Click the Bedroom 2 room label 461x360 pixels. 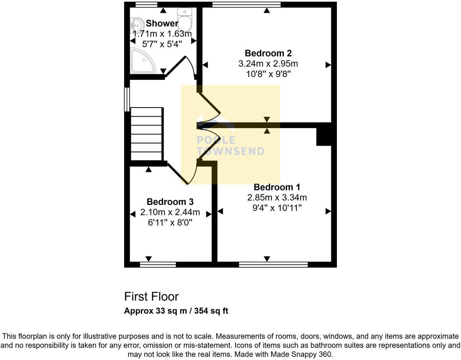click(x=268, y=53)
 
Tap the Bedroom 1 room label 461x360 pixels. click(x=276, y=187)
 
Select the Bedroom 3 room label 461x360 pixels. click(x=170, y=202)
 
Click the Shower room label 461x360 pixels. click(x=162, y=23)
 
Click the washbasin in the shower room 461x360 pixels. click(x=136, y=26)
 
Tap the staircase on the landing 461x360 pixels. click(x=146, y=134)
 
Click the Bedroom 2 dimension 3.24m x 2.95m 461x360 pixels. click(x=268, y=64)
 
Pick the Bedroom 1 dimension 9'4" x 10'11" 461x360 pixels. click(x=276, y=208)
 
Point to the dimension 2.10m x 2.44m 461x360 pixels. click(x=170, y=212)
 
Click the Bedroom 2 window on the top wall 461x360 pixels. click(x=246, y=5)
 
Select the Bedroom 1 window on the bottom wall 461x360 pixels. click(x=273, y=265)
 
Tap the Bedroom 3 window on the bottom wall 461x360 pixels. click(x=158, y=265)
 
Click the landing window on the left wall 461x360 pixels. click(x=127, y=99)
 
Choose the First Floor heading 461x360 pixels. click(x=151, y=296)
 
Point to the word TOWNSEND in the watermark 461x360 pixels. click(x=230, y=151)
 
